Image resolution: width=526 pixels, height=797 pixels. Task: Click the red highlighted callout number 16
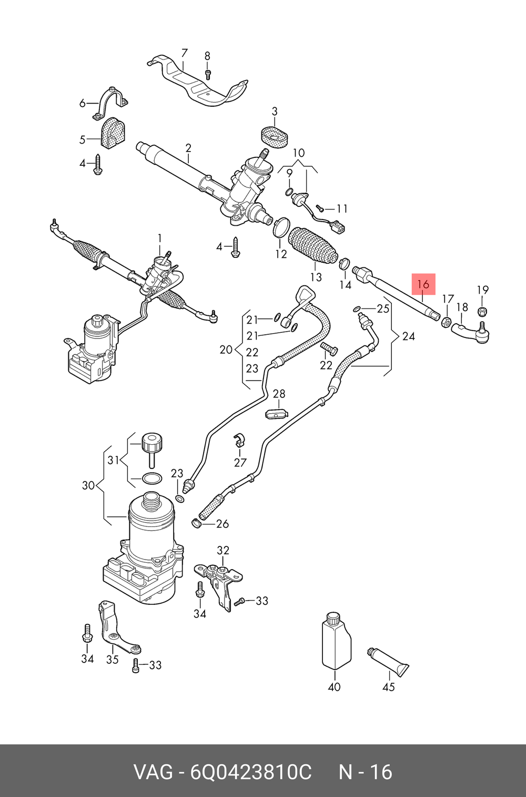423,285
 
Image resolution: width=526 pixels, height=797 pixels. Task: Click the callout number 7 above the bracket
184,53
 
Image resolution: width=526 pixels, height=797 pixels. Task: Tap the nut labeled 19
483,311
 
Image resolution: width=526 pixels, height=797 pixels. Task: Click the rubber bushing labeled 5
111,134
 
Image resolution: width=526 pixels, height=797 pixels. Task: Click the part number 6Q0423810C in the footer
250,772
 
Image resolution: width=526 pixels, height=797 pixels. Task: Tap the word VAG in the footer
153,772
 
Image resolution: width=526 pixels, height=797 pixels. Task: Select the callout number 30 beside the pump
88,485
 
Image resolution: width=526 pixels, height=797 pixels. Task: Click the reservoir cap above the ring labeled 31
151,442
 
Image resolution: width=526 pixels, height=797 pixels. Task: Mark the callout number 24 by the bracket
408,336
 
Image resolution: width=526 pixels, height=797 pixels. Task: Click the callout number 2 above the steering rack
188,148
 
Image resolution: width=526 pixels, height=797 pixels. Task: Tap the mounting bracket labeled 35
116,629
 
